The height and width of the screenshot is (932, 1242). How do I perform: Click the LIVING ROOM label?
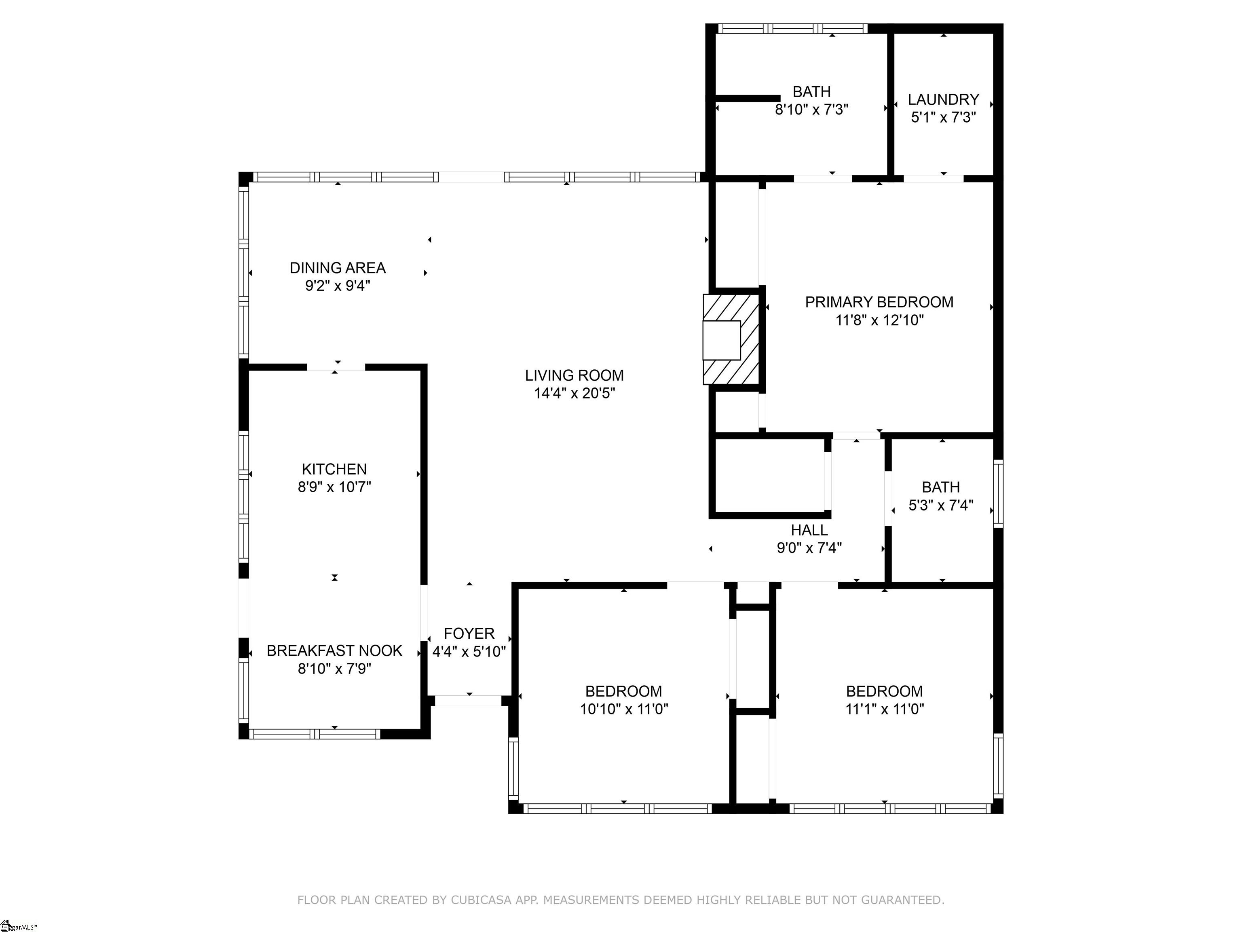pos(574,375)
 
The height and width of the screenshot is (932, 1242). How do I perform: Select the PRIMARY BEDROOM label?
pos(879,302)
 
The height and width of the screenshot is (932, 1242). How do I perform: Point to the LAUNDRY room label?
pos(943,100)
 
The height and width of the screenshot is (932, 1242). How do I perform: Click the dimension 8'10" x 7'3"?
pos(811,110)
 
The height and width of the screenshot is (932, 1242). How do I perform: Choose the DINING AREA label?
pos(338,268)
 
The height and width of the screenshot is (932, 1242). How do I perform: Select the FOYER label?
pos(469,634)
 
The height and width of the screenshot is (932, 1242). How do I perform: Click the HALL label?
pos(809,530)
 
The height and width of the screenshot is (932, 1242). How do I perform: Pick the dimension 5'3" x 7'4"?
pos(941,505)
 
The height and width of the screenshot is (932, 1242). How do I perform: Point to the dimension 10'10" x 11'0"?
pos(624,709)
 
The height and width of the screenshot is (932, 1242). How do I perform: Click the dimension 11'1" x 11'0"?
pos(884,709)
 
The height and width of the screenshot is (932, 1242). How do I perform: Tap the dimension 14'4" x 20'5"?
pos(574,393)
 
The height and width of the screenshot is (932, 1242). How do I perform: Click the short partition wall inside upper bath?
pos(747,98)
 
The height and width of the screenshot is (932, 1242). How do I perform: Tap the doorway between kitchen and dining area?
pos(336,367)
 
